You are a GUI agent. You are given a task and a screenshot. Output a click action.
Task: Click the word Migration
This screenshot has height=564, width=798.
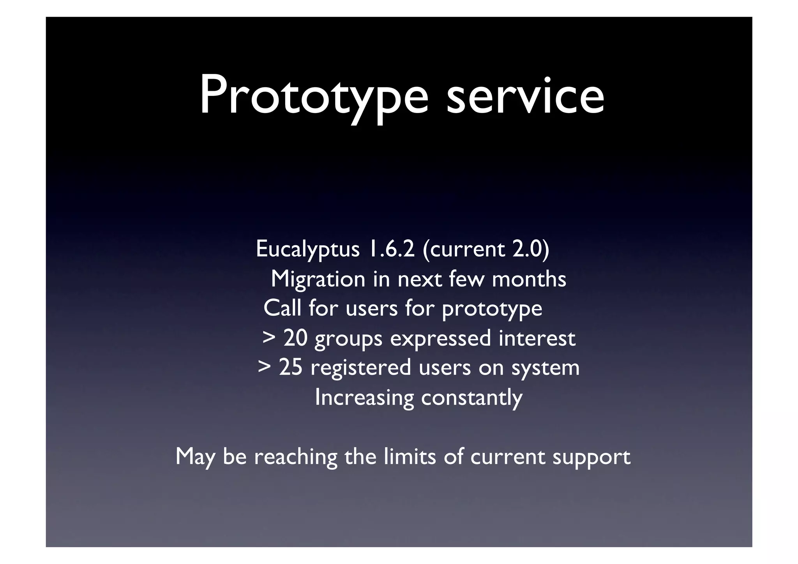point(318,279)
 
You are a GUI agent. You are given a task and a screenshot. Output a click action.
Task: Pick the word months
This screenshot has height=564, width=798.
point(529,279)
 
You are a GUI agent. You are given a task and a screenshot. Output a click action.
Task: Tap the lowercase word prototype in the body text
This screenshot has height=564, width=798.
point(492,309)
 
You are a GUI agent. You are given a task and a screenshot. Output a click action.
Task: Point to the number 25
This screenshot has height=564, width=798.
point(290,367)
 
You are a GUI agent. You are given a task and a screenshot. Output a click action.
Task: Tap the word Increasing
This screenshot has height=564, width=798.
point(364,398)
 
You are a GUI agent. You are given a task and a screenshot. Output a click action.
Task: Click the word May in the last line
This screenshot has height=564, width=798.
point(195,457)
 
